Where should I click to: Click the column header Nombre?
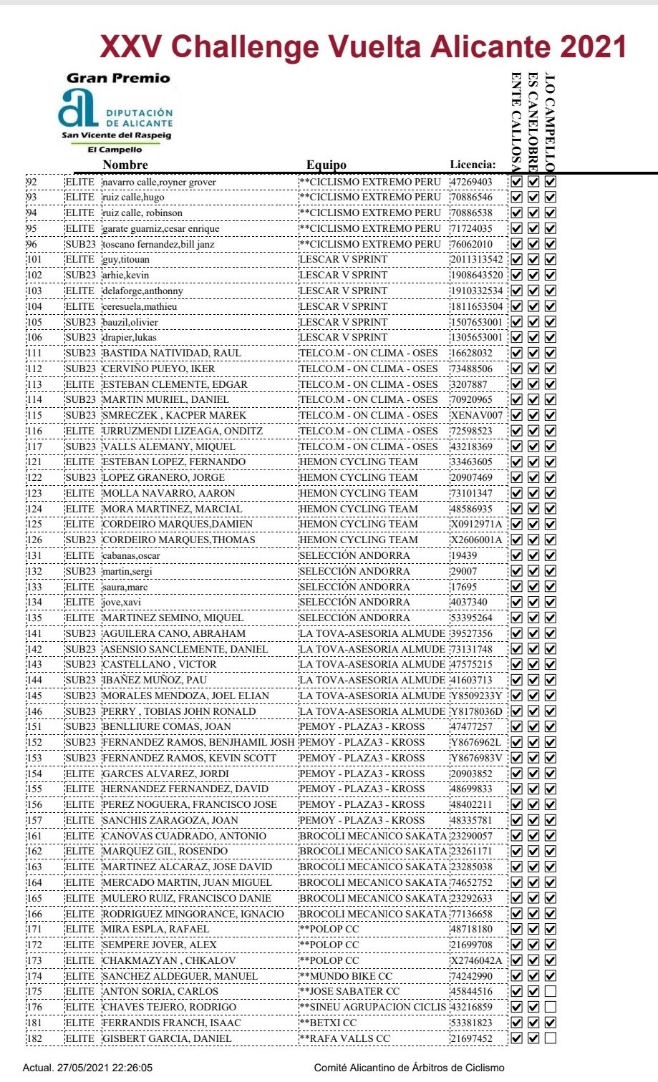point(125,165)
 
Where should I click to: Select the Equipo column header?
point(326,165)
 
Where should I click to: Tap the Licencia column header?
point(473,165)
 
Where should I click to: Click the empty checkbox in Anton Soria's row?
point(550,992)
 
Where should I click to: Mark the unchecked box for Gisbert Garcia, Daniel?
point(550,1038)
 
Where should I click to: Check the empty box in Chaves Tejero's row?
point(550,1008)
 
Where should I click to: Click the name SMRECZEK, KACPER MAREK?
point(174,416)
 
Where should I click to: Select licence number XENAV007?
point(476,416)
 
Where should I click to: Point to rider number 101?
point(34,260)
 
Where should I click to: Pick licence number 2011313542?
point(476,260)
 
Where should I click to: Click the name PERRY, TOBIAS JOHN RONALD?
point(179,711)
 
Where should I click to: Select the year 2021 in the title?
point(594,47)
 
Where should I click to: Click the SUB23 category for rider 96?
point(80,245)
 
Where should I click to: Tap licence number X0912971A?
point(476,525)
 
